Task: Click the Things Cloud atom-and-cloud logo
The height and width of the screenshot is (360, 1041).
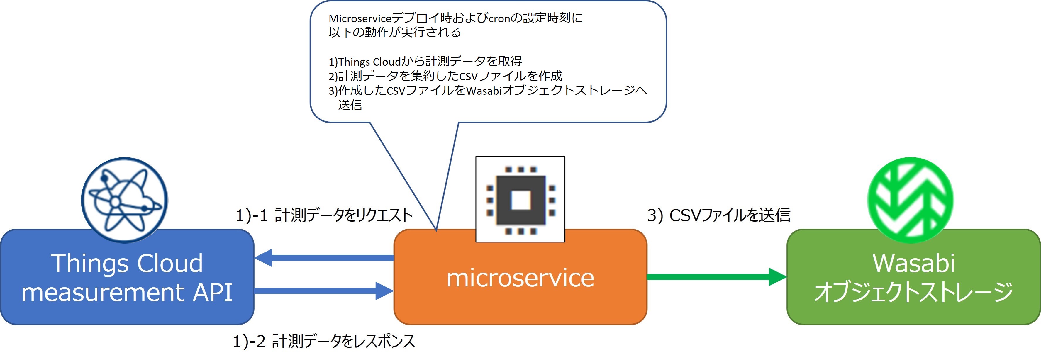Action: point(124,200)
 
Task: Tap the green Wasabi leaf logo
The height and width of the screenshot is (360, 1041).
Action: point(910,200)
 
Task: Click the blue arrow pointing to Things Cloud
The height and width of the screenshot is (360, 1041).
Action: point(324,258)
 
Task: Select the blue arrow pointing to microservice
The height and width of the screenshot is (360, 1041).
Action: point(324,291)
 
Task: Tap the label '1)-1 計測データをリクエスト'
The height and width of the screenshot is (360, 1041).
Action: point(324,215)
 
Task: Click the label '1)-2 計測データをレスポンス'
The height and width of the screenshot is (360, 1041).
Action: point(324,342)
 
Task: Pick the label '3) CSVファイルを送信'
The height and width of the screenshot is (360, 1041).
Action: point(719,215)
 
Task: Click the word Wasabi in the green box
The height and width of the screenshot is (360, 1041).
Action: point(914,264)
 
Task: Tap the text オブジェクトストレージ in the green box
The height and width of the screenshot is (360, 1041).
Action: point(914,292)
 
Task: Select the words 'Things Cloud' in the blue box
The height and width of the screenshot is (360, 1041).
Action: point(127,264)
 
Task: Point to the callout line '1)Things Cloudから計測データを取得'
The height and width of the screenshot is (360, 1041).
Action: point(425,61)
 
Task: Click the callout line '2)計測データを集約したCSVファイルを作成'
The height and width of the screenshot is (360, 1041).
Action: point(445,76)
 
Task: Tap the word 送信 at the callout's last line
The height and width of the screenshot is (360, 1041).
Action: point(350,105)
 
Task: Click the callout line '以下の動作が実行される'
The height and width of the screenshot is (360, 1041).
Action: point(395,32)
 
